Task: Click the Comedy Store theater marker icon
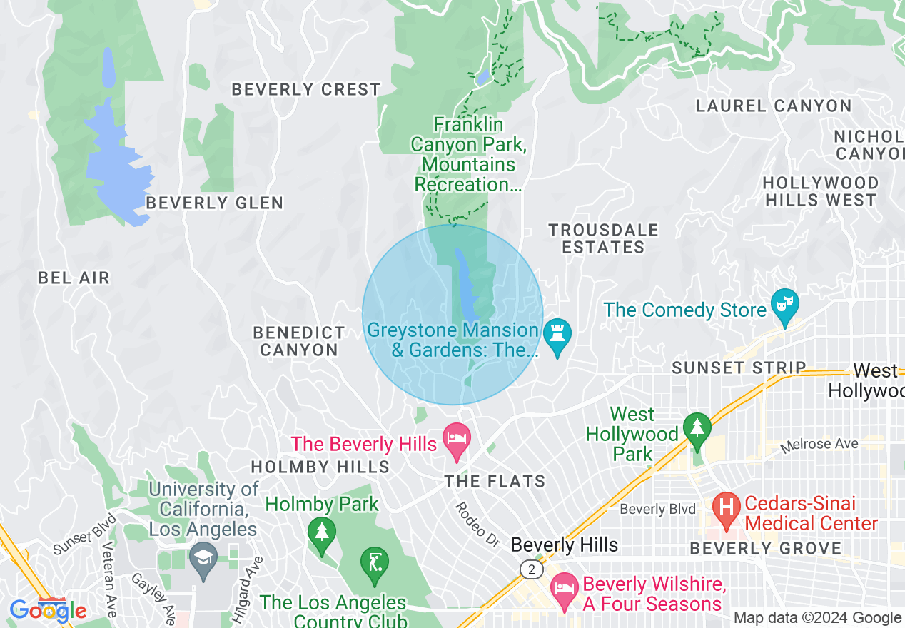[784, 308]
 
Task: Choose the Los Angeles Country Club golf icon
[375, 563]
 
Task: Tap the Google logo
[48, 611]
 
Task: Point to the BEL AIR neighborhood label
[74, 278]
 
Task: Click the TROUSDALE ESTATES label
[603, 238]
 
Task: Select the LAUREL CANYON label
[774, 106]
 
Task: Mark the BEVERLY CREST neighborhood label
[305, 90]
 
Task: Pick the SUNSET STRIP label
[739, 368]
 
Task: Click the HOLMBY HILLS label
[320, 467]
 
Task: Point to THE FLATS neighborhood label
[495, 482]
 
